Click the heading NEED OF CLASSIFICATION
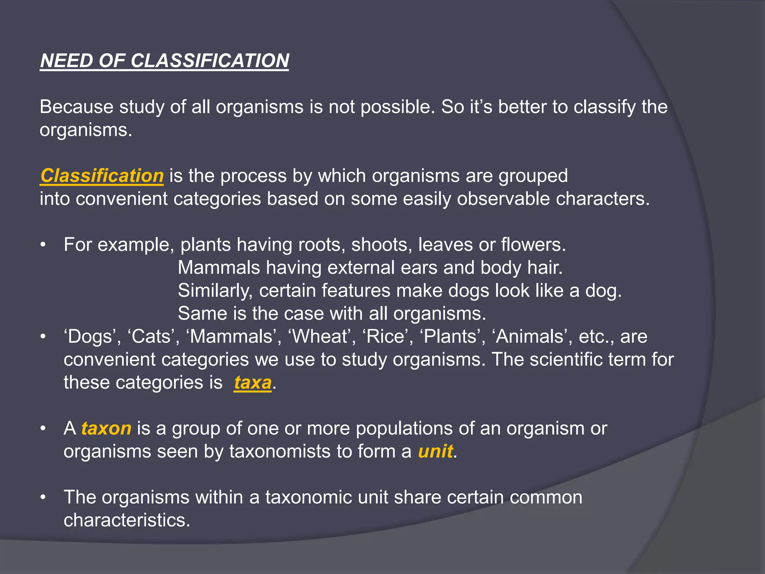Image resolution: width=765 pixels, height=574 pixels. click(164, 61)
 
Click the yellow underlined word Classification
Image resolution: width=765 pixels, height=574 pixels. click(102, 176)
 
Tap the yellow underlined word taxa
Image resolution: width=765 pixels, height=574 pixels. click(253, 383)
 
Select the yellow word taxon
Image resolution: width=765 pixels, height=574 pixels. click(106, 429)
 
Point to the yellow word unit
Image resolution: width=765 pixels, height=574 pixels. click(435, 451)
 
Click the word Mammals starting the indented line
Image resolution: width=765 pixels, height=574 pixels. click(219, 268)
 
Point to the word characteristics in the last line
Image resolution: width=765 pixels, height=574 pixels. click(127, 520)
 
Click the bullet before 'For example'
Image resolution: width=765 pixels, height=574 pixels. click(43, 245)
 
